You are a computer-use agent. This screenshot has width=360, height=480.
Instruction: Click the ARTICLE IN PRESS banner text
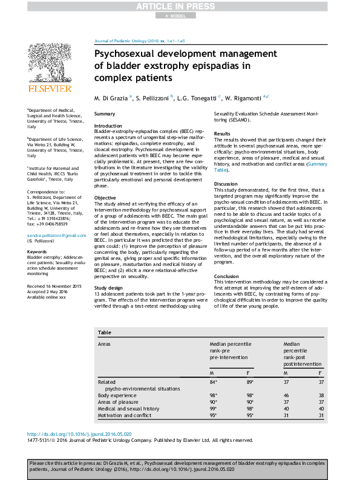[180, 6]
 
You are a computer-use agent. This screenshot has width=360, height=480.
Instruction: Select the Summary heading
[105, 114]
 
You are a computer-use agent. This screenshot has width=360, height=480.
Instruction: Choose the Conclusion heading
[227, 276]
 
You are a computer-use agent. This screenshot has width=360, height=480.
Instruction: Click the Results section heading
[222, 134]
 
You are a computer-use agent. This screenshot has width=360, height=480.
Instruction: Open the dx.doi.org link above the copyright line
[80, 434]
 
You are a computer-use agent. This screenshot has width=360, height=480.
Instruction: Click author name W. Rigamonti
[242, 97]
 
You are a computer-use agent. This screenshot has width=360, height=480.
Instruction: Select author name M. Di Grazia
[111, 97]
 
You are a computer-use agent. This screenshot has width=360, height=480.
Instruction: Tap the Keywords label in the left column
[37, 268]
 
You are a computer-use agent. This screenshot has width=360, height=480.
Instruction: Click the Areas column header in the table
[104, 343]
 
